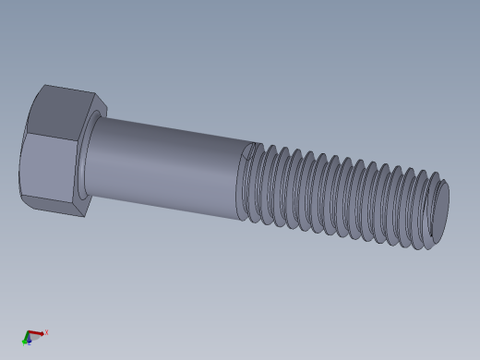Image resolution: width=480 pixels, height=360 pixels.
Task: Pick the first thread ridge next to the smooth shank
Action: (x=252, y=183)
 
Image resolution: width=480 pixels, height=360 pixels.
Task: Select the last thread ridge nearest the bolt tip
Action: (x=426, y=210)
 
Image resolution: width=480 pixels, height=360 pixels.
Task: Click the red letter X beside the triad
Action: (x=46, y=332)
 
